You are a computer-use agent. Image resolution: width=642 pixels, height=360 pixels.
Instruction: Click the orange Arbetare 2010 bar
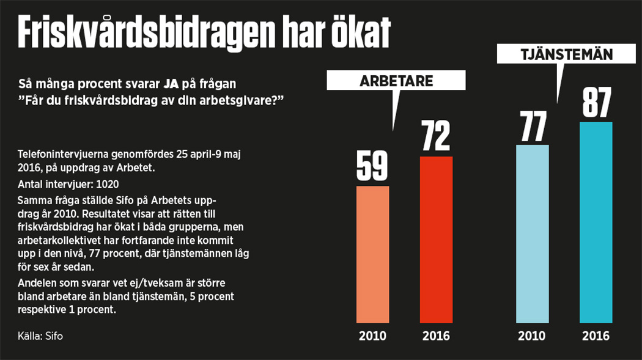[x=372, y=254]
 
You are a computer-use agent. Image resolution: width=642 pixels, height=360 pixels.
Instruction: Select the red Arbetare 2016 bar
[x=436, y=239]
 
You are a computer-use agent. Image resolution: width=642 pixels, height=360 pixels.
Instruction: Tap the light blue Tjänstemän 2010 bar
[x=533, y=233]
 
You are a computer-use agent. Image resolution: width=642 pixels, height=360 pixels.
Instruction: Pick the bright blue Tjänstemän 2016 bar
[x=596, y=222]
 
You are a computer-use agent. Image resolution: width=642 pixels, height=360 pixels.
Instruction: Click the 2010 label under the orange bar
[x=372, y=336]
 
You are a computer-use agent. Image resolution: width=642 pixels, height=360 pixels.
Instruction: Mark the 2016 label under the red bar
[x=436, y=336]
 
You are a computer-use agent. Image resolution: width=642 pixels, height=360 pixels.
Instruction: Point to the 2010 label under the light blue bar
[x=533, y=336]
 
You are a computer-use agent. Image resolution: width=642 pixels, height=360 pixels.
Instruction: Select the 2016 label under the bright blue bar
[x=596, y=336]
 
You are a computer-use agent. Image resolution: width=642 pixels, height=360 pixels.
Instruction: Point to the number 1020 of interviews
[x=105, y=184]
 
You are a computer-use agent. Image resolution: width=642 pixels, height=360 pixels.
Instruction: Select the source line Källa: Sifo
[x=40, y=336]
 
